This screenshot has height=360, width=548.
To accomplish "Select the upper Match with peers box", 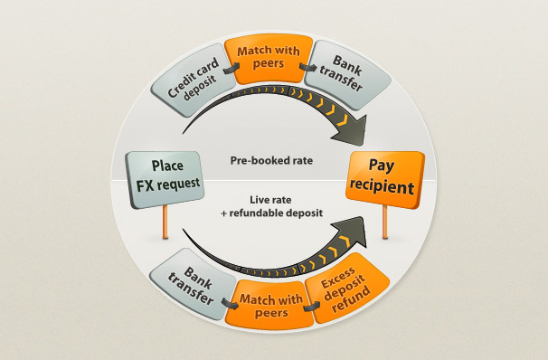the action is tap(268, 59).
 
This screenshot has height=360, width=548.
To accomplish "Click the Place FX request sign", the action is tap(165, 179).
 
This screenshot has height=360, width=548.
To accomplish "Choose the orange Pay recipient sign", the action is tap(385, 179).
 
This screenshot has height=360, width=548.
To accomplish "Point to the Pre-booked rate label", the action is tap(271, 160).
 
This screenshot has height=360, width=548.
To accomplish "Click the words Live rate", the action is tap(270, 200).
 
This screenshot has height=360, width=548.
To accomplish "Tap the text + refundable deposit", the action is tap(272, 213).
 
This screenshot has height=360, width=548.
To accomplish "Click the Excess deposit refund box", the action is tap(347, 289).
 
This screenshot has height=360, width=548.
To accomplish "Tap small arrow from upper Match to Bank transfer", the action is tap(307, 67).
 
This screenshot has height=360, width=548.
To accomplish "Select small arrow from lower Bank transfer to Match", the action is tap(230, 303).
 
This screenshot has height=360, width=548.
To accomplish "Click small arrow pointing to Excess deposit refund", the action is tap(311, 307).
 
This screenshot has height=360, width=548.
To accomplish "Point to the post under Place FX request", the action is tap(165, 222).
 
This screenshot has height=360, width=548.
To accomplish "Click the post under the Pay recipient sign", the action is tap(385, 222).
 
